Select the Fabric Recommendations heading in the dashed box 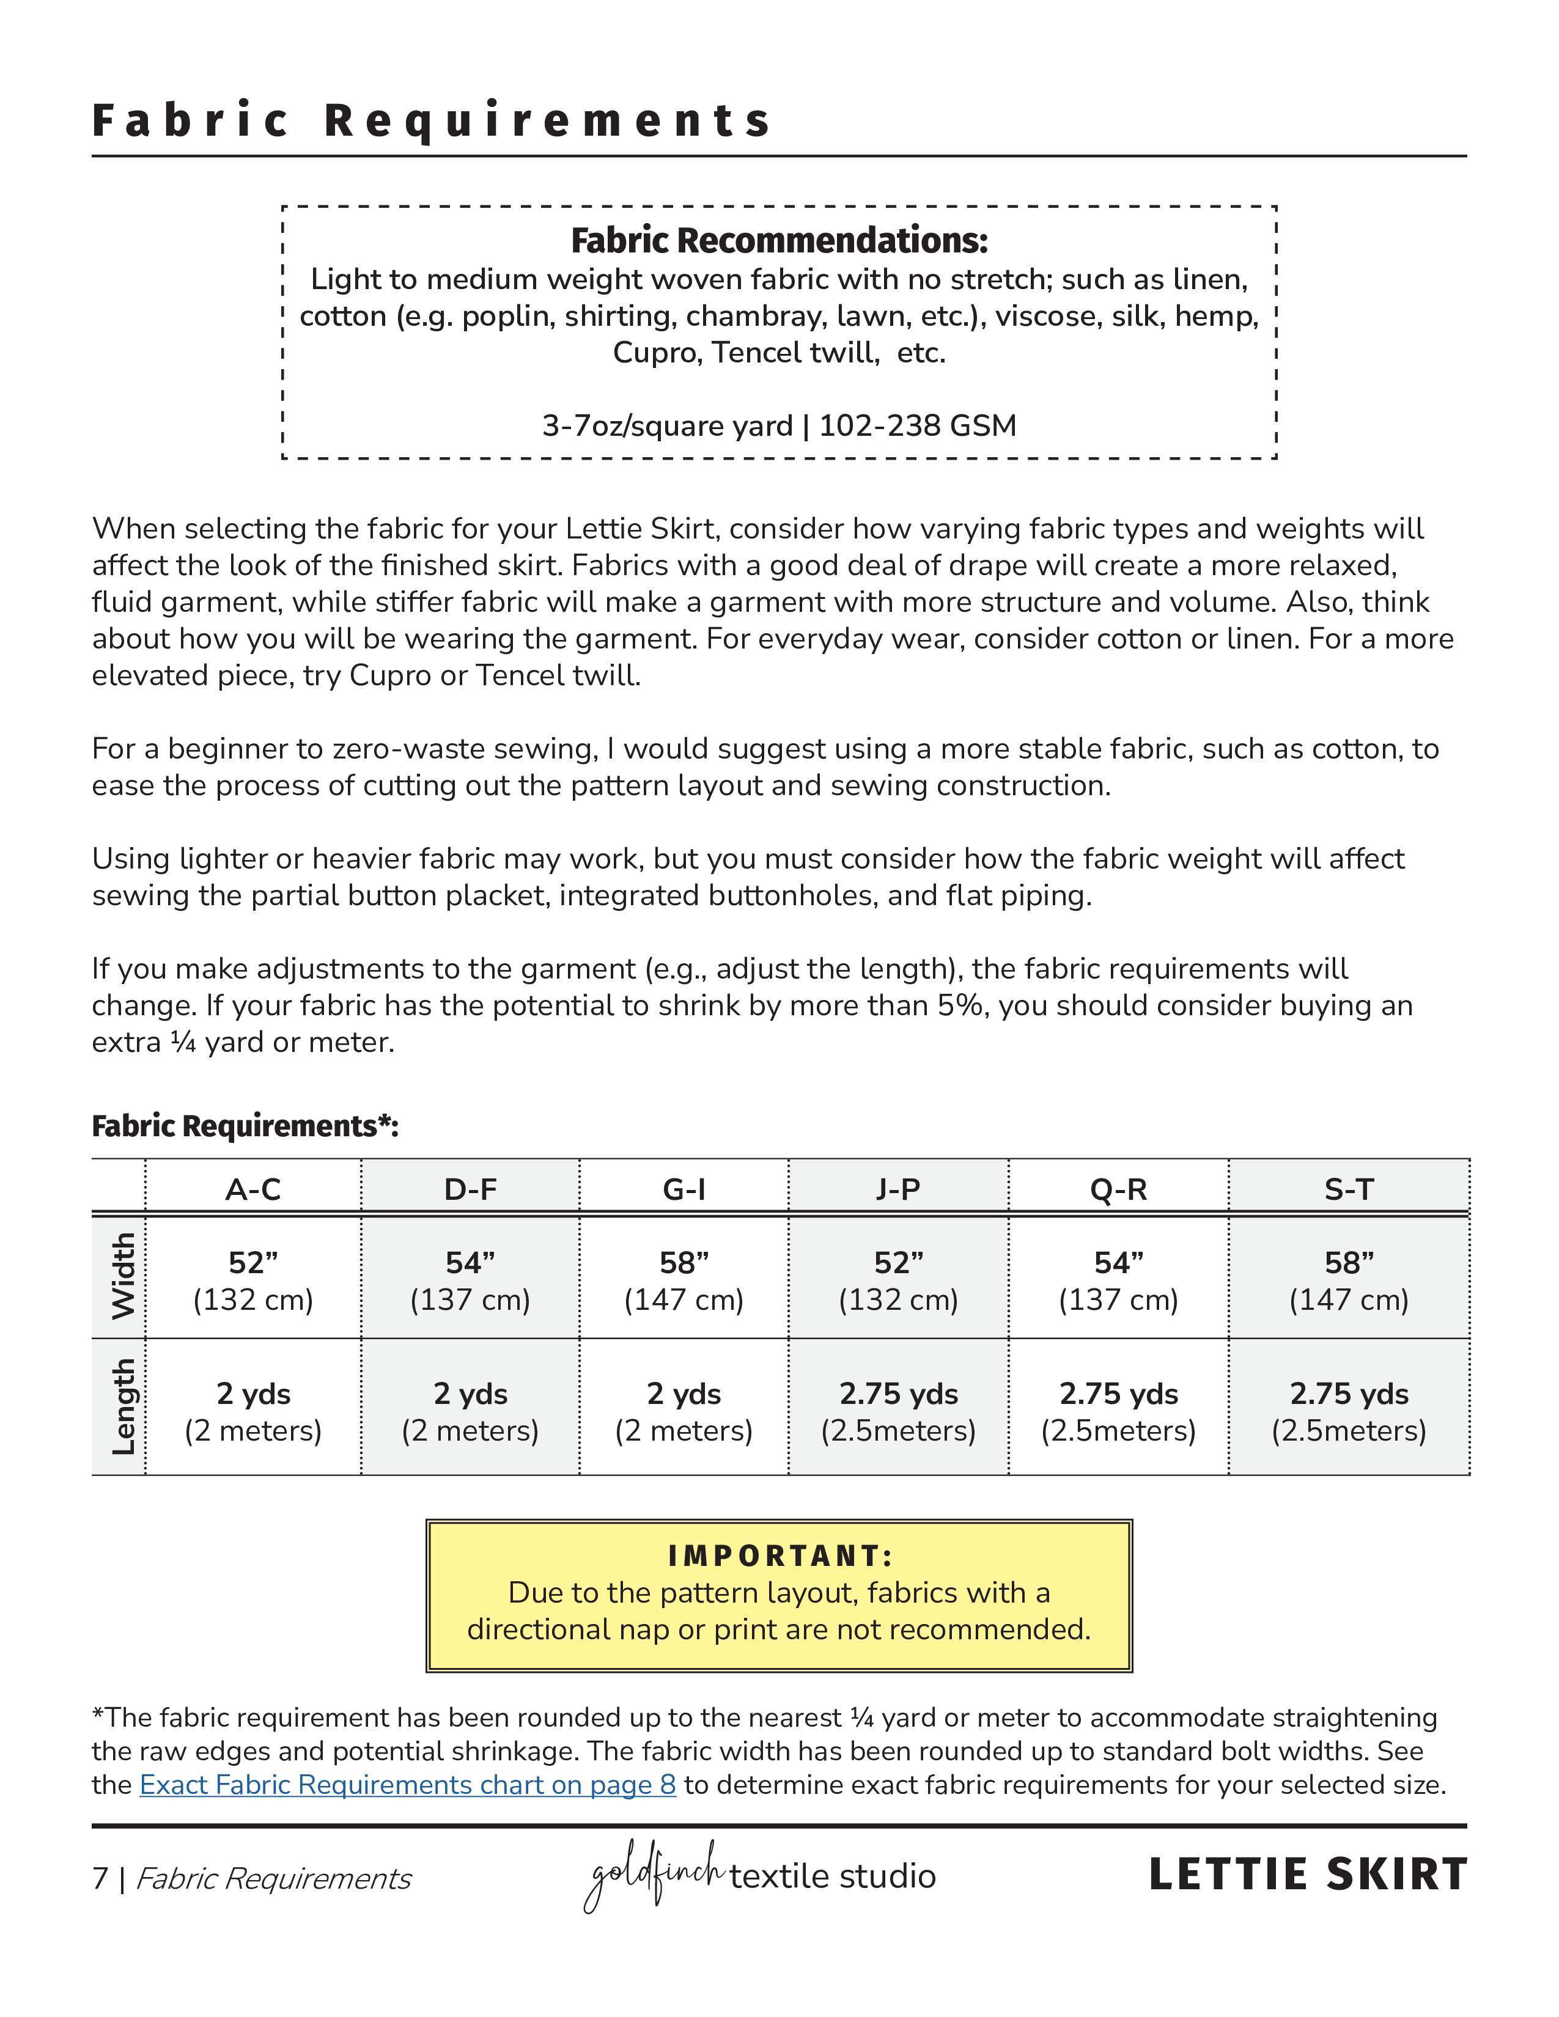coord(778,240)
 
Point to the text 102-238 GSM coord(917,426)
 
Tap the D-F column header coord(470,1189)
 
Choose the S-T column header coord(1349,1189)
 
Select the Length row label coord(122,1406)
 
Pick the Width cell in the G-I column coord(684,1280)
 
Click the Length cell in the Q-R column coord(1118,1411)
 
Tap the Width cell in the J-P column coord(897,1280)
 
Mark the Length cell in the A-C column coord(253,1411)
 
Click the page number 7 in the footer coord(100,1878)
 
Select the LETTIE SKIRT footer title coord(1307,1875)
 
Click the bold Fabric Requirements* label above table coord(245,1126)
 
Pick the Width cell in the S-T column coord(1349,1280)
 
